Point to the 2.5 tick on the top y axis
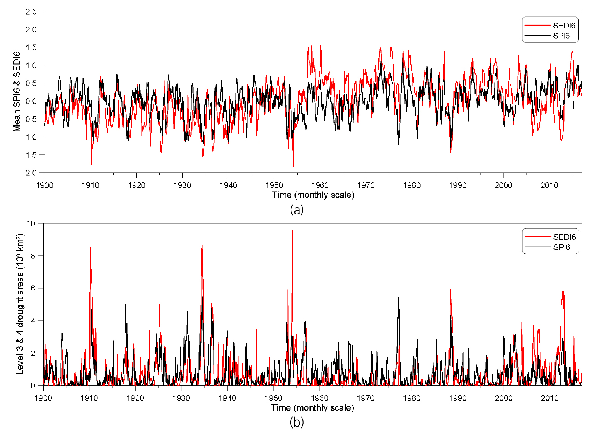click(x=31, y=11)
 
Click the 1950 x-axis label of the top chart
click(x=274, y=185)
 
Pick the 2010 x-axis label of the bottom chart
click(x=550, y=398)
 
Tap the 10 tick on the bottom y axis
click(x=31, y=223)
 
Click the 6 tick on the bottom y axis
click(x=33, y=288)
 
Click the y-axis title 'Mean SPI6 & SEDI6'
click(x=17, y=91)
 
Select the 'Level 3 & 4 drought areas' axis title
click(x=20, y=304)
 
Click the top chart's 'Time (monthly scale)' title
click(x=313, y=195)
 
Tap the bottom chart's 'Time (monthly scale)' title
click(x=312, y=408)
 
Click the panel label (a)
click(x=297, y=209)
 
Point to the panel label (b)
click(x=297, y=422)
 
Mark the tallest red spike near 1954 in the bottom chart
click(x=292, y=231)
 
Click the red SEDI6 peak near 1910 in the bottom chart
click(x=90, y=248)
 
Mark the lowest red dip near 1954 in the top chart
click(x=293, y=167)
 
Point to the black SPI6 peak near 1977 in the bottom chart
click(x=398, y=298)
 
